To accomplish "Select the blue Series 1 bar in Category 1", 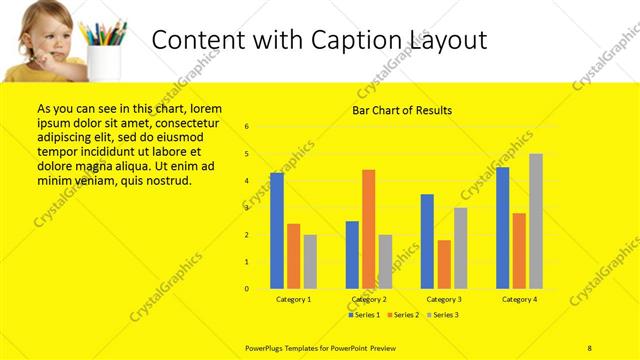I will coord(277,230).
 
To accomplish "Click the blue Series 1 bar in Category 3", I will coord(427,241).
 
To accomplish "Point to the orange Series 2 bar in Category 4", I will coord(519,250).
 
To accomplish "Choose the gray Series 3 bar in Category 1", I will coord(310,261).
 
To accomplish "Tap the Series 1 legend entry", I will coord(364,315).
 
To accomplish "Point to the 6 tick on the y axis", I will coord(247,127).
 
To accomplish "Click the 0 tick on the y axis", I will coord(247,289).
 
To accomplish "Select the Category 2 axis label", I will coord(369,299).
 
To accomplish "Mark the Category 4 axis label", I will coord(519,299).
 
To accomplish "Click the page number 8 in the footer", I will coord(589,346).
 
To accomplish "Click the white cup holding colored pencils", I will coord(104,61).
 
